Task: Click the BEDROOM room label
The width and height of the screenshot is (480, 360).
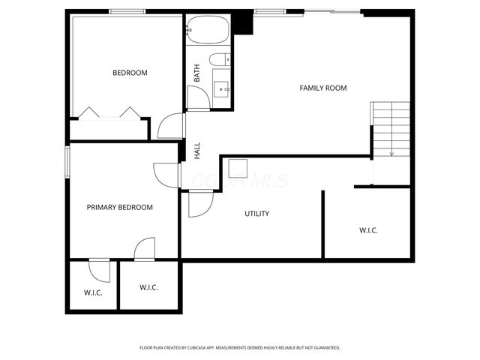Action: coord(130,73)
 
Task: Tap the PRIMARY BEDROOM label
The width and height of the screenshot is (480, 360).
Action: coord(120,207)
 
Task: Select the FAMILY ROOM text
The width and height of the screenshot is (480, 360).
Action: coord(323,88)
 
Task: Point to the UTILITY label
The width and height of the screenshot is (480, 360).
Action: coord(256,214)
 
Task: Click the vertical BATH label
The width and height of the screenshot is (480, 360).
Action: coord(197,73)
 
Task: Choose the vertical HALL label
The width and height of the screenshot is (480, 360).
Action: coord(197,150)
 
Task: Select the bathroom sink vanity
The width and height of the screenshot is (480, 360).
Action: coord(223,89)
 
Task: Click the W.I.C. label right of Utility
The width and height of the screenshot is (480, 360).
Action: coord(368,230)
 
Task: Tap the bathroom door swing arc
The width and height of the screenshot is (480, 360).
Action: coord(197,98)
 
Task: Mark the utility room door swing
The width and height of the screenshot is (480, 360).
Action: coord(201,203)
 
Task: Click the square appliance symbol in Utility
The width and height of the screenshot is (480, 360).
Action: coord(238,168)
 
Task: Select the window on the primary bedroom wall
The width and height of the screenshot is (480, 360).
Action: coord(67,160)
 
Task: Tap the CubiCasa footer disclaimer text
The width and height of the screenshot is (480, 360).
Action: coord(240,347)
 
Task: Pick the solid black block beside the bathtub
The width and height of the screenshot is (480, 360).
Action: coord(242,22)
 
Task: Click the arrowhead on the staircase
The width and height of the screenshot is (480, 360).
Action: coord(391,154)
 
